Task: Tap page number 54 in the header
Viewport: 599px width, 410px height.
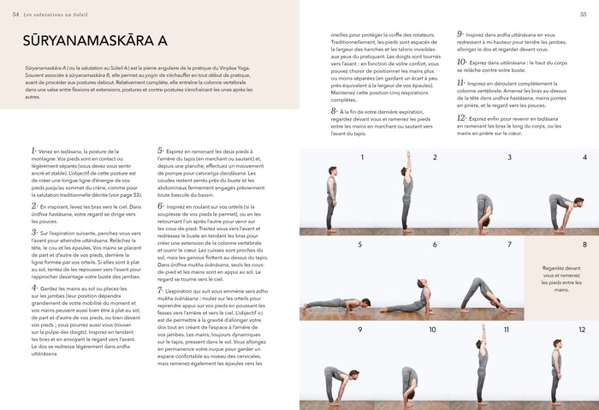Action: coord(15,15)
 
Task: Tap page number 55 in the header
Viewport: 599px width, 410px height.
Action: coord(583,15)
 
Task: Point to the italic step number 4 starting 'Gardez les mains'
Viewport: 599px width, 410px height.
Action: coord(33,289)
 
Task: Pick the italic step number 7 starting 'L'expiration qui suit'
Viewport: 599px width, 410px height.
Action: coord(160,290)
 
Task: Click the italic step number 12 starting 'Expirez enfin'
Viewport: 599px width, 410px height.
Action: coord(461,118)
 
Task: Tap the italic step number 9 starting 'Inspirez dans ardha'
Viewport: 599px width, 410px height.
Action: coord(460,34)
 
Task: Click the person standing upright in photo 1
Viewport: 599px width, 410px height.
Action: coord(332,199)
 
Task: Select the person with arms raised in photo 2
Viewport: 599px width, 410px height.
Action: coord(407,192)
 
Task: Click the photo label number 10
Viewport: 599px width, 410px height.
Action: coord(432,330)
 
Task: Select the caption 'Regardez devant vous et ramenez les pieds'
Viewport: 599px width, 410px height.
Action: coord(561,278)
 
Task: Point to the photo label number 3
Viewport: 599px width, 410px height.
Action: coord(509,157)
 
